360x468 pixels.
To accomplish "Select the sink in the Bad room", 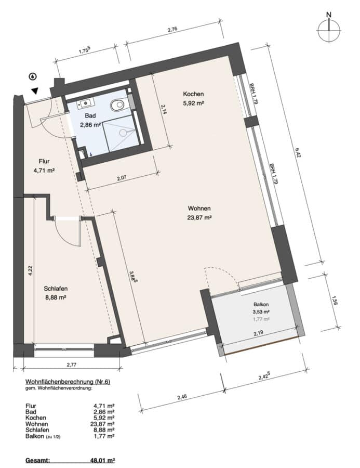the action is coord(86,103).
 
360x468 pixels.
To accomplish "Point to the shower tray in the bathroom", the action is coord(119,133).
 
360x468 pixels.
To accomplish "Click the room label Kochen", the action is coord(193,94).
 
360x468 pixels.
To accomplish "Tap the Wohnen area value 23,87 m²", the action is coord(199,217).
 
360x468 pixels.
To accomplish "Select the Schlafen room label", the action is coord(56,289).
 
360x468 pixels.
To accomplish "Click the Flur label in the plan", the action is coord(44,162).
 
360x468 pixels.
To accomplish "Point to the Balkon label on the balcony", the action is coord(261,305).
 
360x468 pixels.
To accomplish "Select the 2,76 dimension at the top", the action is coord(172,29).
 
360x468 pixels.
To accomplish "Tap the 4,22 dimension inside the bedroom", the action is coord(30,270).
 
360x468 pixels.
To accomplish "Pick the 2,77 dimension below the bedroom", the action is coord(72,365).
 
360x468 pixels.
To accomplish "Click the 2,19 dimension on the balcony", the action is coord(258,333).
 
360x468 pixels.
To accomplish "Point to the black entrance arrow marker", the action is coord(35,90).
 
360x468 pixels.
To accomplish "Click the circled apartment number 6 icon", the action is coord(33,77).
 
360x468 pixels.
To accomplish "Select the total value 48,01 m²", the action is coord(102,461).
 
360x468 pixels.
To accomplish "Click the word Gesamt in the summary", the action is coord(37,461).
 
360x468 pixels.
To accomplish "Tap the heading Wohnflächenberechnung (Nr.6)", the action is coord(68,382).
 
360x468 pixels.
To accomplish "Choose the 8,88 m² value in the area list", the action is coord(104,430).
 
